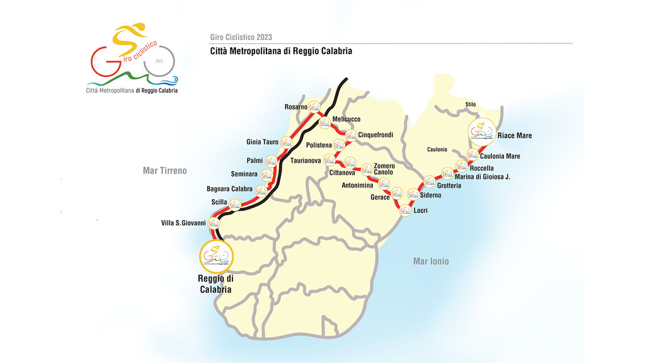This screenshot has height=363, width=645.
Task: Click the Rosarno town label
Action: pos(296,107)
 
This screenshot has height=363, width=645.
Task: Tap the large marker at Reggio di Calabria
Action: pos(216,255)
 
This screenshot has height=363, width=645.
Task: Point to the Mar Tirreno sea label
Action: pos(165,171)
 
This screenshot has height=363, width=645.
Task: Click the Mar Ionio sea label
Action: pos(431,261)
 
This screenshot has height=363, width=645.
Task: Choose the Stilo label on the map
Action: pos(471,105)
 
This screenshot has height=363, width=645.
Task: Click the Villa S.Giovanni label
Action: pos(188,223)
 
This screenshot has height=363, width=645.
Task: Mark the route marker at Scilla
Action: pos(235,204)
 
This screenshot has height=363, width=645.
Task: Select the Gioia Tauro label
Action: pos(262,142)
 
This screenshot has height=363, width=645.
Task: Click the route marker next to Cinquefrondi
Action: pos(351,135)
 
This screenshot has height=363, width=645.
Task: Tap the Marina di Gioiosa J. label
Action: pos(482,177)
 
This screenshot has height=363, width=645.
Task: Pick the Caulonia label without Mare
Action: pos(437,149)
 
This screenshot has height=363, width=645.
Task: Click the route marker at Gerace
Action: pos(397,194)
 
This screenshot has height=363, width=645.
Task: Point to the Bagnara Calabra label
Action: pos(229,189)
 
